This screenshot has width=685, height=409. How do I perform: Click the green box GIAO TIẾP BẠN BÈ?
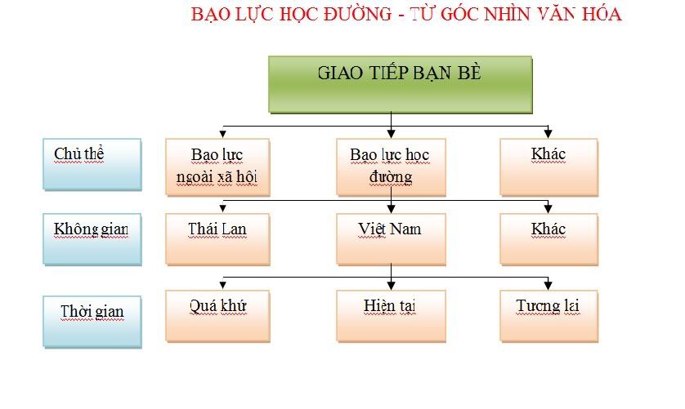coord(401,83)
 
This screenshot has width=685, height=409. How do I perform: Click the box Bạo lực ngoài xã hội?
coord(218,167)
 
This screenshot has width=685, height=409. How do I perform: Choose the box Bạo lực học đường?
coord(390,167)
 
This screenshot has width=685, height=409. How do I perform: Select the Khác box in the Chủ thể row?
coord(548,167)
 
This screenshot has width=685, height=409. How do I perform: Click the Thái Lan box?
coord(218,238)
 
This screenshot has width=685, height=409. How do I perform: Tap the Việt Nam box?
coord(390,238)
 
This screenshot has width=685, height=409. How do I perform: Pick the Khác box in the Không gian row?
coord(548,238)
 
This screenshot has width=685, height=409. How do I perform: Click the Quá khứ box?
coord(218,315)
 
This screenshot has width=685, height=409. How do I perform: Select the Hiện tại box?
coord(390,315)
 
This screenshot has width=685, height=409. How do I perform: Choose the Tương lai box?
coord(548,315)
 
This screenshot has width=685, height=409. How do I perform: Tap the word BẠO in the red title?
coord(208,15)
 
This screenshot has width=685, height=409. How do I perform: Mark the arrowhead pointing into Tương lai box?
coord(548,284)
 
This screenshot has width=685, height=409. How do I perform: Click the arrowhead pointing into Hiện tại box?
coord(392,284)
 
